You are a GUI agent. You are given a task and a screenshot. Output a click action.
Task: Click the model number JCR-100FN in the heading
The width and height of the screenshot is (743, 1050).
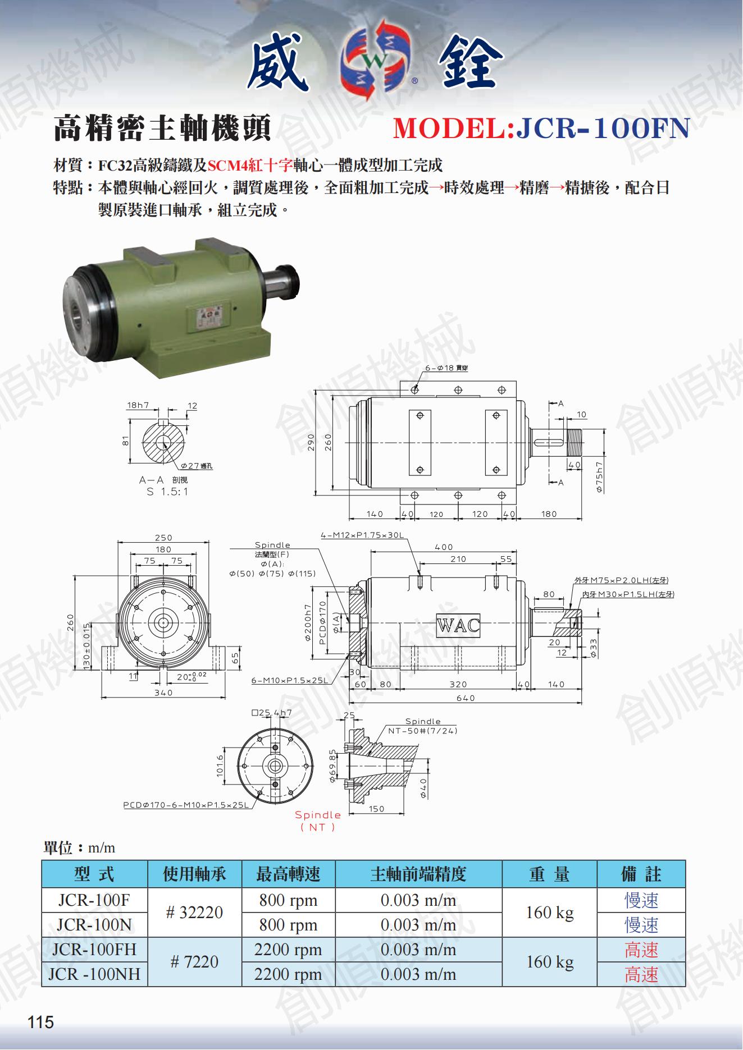click(x=603, y=128)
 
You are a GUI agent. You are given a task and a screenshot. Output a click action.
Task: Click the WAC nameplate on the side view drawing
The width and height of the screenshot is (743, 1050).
click(x=458, y=625)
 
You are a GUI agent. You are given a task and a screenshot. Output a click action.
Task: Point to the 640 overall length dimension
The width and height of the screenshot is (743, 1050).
click(x=466, y=698)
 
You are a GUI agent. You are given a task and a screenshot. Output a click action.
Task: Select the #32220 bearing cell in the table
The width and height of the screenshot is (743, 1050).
click(x=194, y=913)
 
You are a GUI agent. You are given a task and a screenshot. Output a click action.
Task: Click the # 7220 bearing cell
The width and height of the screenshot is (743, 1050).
click(x=194, y=962)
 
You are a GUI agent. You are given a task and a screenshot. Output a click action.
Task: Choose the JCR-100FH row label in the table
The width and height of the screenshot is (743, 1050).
click(x=94, y=950)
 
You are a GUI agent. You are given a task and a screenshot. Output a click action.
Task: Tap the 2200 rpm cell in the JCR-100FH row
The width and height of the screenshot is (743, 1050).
click(x=288, y=950)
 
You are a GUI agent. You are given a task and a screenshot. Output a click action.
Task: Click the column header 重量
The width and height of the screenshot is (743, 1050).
click(x=549, y=874)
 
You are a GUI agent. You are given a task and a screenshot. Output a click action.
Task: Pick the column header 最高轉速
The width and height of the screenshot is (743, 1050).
click(x=288, y=874)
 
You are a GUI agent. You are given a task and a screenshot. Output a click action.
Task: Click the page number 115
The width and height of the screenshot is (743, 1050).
click(x=40, y=1023)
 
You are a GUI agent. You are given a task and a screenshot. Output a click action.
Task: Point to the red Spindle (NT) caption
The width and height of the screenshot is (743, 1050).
click(x=318, y=820)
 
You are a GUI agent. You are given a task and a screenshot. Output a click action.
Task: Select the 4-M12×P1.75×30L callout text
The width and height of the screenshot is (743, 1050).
click(x=362, y=535)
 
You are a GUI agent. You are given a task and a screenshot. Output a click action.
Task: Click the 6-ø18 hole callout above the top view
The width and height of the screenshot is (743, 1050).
click(x=446, y=368)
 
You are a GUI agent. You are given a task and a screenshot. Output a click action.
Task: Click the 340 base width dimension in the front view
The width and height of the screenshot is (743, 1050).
click(x=163, y=693)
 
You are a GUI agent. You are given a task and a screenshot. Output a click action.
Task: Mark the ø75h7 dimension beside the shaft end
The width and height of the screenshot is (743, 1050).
click(x=600, y=477)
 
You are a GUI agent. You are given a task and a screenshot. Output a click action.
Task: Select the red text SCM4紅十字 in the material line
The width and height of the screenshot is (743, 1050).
click(x=250, y=165)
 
